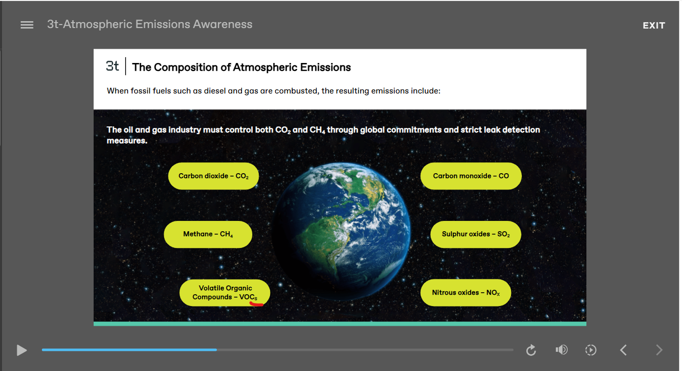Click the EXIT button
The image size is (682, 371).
pos(654,26)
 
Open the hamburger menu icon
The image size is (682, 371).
pos(27,25)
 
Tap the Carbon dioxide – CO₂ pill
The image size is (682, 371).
pos(213,176)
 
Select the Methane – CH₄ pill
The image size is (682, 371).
pos(208,234)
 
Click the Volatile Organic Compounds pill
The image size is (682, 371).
pos(225,293)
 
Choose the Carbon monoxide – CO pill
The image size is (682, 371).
pos(471,176)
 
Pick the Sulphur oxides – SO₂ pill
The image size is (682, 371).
pos(476,234)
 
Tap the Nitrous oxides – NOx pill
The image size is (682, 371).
pos(466,293)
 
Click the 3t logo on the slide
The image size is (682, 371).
pos(112,66)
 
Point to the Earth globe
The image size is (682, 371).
pos(341,231)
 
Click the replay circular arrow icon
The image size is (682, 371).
pos(531,350)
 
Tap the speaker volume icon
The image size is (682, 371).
pos(561,350)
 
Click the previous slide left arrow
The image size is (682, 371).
pos(623,350)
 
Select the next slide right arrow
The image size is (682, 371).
pos(659,350)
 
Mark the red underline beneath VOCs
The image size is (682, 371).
pos(256,304)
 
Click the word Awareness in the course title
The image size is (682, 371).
pos(223,24)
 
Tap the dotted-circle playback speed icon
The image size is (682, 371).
pos(591,350)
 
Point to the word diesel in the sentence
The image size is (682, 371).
pos(215,91)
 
